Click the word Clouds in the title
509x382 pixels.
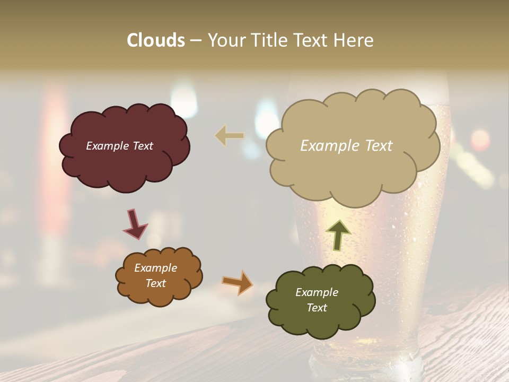click(x=156, y=40)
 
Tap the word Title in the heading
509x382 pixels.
click(x=269, y=40)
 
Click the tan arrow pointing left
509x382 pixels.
click(x=230, y=136)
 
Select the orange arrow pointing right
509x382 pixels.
click(x=237, y=282)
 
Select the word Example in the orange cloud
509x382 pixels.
click(x=155, y=268)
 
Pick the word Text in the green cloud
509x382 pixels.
click(x=317, y=308)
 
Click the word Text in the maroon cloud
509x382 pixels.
click(x=142, y=146)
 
